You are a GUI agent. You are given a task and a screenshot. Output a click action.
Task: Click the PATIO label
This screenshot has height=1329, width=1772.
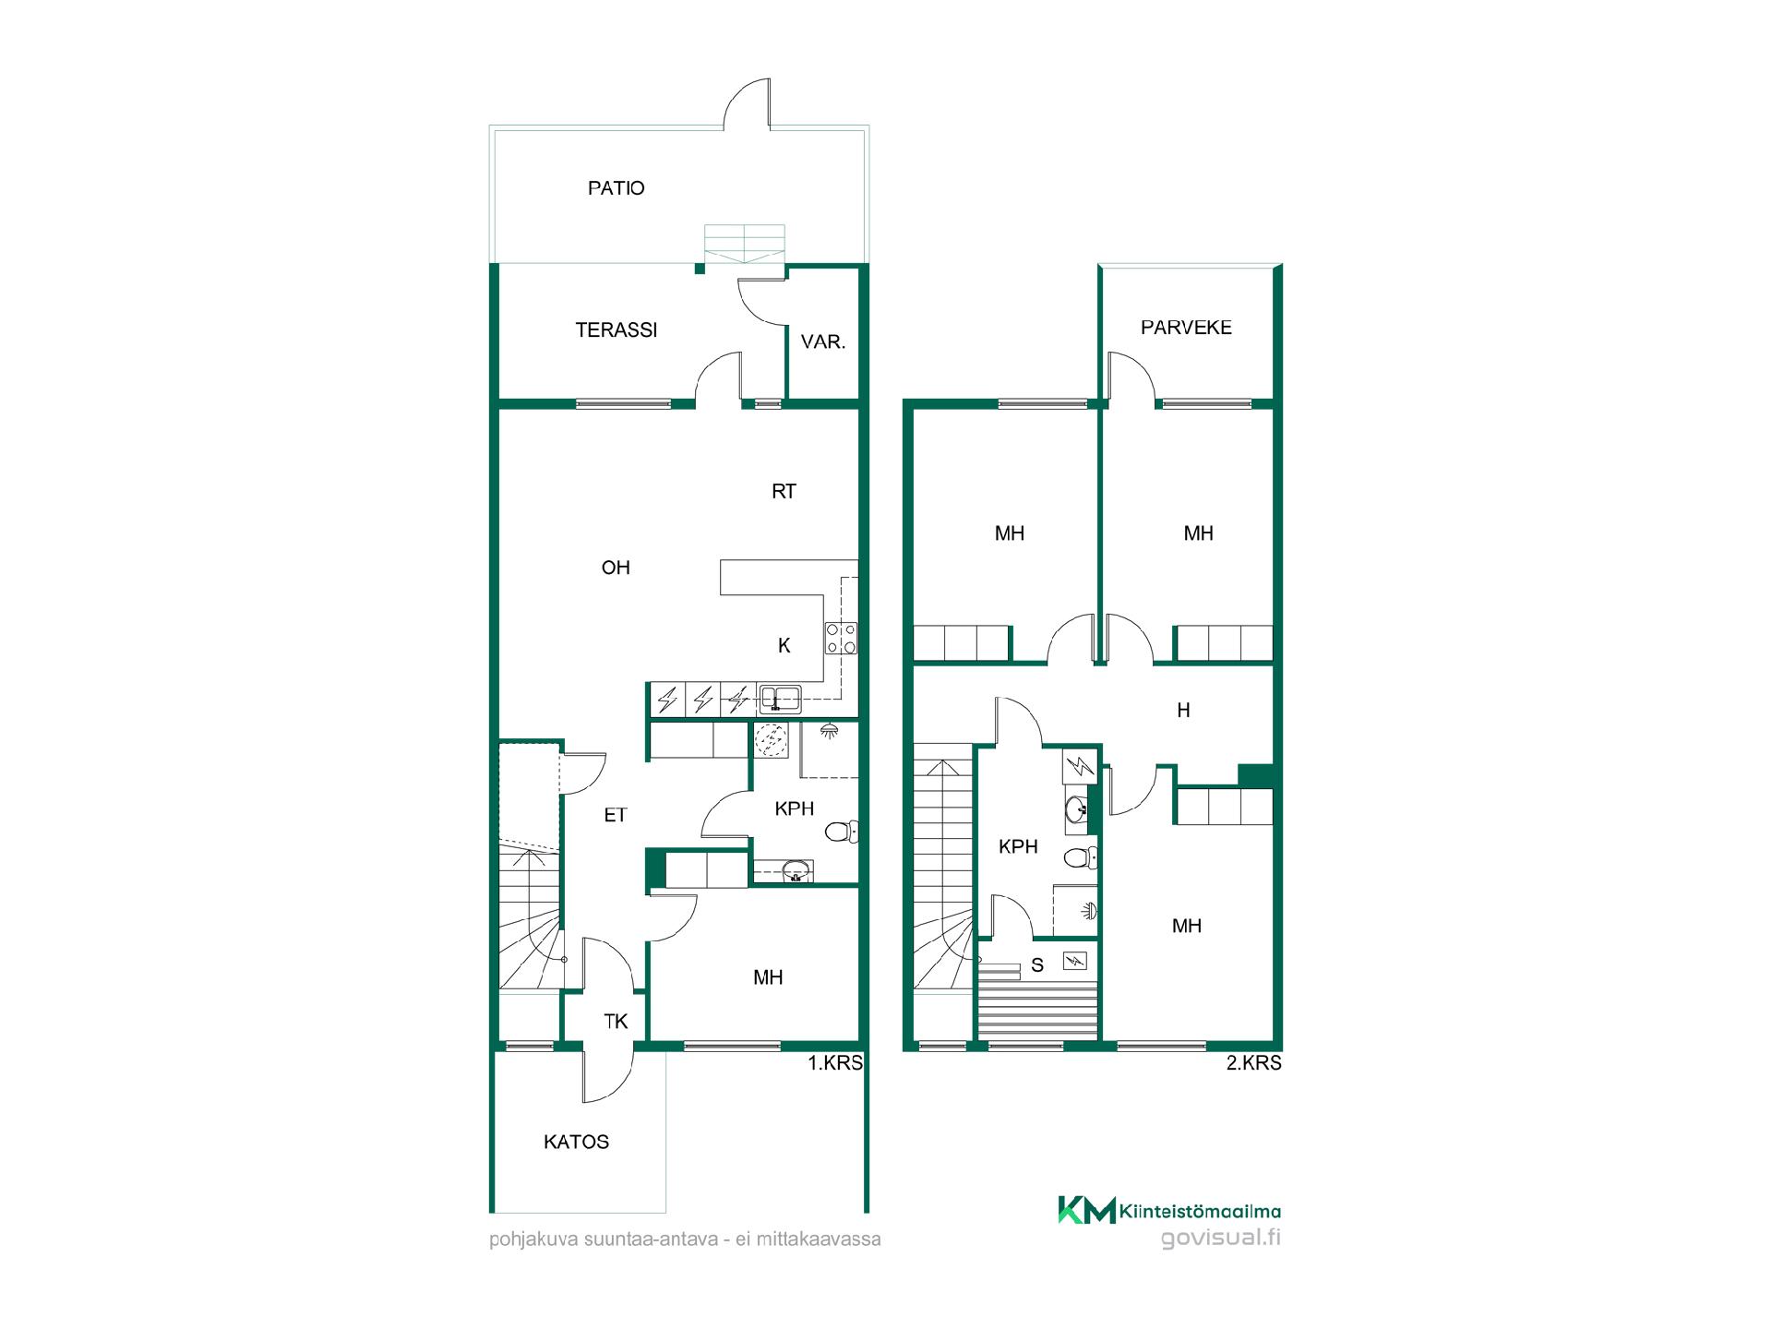616,188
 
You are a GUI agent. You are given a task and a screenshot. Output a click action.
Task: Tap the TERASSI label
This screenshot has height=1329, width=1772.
616,329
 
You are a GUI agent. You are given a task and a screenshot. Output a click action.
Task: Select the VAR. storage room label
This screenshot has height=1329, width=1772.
822,342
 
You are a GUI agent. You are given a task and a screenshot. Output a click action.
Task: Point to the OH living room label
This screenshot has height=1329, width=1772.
616,568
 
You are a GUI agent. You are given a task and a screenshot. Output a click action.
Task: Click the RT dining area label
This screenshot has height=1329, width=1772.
784,492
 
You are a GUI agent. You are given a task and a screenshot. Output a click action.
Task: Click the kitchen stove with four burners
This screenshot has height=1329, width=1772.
842,638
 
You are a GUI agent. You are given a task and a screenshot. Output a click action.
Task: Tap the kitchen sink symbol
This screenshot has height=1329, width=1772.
780,699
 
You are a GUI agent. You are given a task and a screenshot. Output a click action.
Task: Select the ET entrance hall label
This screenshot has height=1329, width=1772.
616,815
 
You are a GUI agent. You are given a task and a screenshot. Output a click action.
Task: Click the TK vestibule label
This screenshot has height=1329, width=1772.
616,1022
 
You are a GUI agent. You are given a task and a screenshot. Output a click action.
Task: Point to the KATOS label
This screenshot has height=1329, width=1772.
576,1143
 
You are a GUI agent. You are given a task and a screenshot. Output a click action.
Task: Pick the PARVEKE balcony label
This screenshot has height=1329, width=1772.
1186,328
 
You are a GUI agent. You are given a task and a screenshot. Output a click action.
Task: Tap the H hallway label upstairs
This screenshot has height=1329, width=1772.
1183,711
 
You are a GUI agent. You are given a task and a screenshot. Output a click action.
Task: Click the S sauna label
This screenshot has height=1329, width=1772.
1037,966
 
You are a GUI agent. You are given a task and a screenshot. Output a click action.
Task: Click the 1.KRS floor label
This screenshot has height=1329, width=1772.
835,1063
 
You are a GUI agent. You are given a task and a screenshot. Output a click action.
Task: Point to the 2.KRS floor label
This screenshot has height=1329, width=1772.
1253,1063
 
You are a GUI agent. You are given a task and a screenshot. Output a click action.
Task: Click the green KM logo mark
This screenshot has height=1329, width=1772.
1086,1210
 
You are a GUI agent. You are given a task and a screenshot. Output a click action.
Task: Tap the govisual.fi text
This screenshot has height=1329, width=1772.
1220,1238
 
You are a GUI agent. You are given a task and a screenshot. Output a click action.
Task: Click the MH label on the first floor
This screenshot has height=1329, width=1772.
768,977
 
